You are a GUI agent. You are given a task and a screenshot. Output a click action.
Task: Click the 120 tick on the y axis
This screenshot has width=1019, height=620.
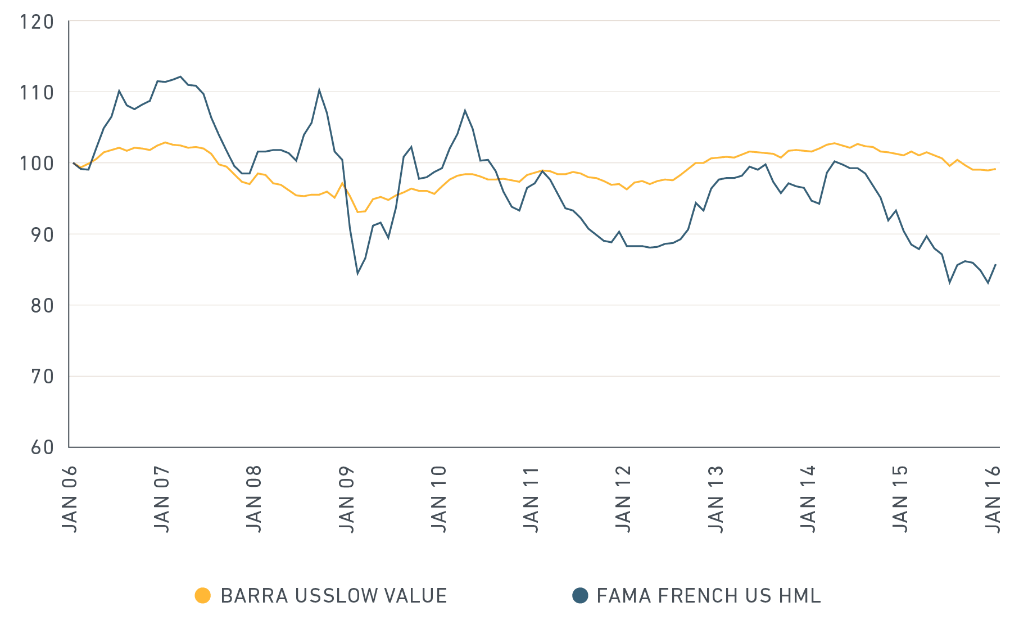coord(37,22)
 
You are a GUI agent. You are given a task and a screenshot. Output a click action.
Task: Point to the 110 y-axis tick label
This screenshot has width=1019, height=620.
coord(37,93)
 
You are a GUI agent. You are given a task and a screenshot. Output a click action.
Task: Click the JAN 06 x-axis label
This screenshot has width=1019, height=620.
coord(70,499)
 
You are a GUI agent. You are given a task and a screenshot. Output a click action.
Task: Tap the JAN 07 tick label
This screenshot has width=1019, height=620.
coord(162,499)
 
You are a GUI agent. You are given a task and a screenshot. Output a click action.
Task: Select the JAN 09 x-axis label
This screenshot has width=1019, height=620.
coord(347,499)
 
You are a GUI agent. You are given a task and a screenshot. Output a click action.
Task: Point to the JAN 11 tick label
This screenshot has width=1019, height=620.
coord(532,499)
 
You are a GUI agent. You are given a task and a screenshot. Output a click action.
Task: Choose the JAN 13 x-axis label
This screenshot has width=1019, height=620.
coord(716,499)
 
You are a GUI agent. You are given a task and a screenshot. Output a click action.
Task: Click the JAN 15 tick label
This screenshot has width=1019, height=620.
coord(901,499)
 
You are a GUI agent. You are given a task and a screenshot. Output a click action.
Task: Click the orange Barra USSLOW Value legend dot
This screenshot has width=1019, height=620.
coord(202,595)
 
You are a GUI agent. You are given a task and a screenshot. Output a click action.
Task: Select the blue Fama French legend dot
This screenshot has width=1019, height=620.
coord(580,595)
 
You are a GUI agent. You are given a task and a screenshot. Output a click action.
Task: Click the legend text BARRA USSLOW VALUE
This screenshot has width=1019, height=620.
coord(334,595)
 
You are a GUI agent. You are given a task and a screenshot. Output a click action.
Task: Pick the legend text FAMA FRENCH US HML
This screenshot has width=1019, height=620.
coord(708,595)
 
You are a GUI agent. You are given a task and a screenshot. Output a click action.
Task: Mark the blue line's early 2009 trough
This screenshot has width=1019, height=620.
coord(357,274)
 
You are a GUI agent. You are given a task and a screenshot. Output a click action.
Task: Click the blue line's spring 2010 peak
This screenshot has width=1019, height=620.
coord(465,110)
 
